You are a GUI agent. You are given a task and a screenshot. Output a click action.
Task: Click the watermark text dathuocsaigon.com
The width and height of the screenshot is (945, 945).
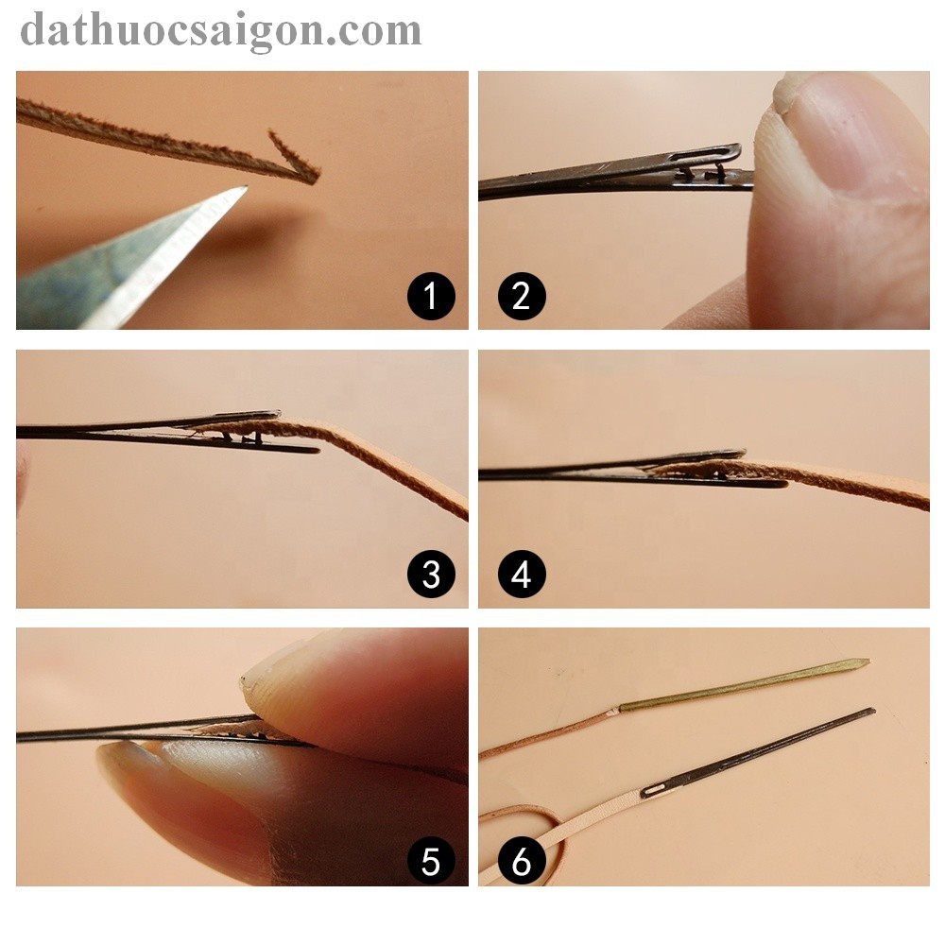click(x=220, y=31)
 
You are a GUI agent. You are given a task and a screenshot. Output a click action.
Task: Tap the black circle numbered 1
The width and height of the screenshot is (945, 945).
click(x=431, y=296)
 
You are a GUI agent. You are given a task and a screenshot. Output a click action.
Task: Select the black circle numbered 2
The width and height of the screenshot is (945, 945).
click(x=522, y=296)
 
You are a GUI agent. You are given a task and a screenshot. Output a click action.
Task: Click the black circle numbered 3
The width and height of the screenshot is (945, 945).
click(x=431, y=574)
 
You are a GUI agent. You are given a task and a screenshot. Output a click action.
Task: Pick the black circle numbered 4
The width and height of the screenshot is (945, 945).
click(x=522, y=574)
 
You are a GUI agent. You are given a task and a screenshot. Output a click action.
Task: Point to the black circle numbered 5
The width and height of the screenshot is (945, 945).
click(x=431, y=861)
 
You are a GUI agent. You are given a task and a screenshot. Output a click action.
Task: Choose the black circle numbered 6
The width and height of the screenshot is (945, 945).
click(x=522, y=861)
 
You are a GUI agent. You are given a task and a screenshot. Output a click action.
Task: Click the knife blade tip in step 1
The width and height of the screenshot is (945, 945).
click(x=246, y=187)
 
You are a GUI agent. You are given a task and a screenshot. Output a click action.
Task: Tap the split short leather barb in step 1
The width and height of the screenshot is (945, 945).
click(x=292, y=153)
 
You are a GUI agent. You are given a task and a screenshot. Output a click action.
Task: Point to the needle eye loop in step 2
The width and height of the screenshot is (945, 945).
click(x=705, y=156)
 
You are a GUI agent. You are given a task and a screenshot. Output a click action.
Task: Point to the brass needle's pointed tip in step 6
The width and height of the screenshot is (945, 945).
click(x=868, y=661)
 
